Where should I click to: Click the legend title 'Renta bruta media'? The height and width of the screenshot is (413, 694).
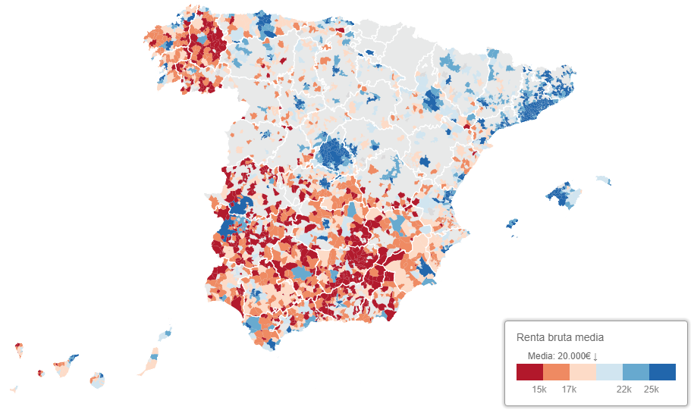point(560,337)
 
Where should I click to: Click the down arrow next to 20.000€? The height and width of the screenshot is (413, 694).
point(596,356)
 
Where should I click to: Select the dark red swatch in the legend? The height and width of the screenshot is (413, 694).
point(529,372)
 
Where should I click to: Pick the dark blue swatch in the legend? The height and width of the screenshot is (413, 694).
point(662,372)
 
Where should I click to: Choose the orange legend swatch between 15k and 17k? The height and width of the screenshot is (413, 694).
point(556,372)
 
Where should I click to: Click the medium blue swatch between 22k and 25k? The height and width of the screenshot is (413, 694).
point(636,372)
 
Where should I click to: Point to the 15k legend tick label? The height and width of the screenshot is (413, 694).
point(539,390)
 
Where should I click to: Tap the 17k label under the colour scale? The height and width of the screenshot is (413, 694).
point(569,390)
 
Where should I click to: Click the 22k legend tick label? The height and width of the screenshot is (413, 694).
point(623,390)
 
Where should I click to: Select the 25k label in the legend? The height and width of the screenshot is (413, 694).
point(651,390)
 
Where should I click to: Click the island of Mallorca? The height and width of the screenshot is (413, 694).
point(565,196)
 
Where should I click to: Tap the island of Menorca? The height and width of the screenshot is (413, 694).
point(603,180)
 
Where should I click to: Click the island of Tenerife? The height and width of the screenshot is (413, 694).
point(63,368)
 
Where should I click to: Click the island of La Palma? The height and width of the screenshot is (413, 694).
point(19,351)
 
